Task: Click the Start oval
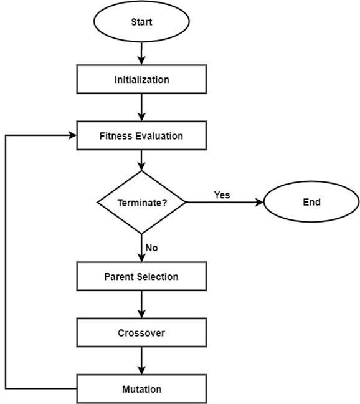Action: [141, 22]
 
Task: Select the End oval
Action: [311, 202]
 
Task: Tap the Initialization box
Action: [141, 80]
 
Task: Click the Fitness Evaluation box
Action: [141, 135]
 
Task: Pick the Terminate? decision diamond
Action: [141, 203]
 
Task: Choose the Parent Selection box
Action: [141, 277]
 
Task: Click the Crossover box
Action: [141, 333]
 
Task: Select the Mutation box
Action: [141, 389]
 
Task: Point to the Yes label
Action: [222, 195]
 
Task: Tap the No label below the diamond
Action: [151, 248]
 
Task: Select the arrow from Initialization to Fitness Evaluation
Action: [141, 107]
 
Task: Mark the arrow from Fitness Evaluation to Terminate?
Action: [141, 160]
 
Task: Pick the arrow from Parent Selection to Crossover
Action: [141, 305]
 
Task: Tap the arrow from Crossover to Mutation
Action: [141, 361]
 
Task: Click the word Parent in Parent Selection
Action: [118, 277]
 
